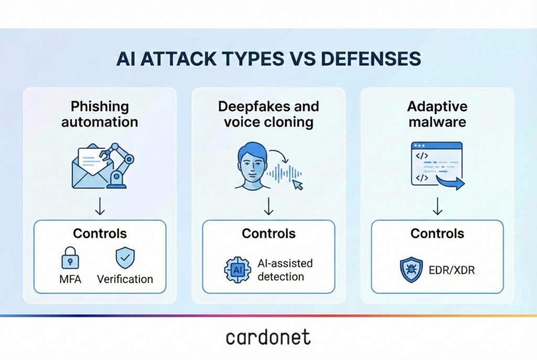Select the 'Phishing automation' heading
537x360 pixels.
(x=100, y=114)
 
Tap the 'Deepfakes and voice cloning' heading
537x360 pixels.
(x=268, y=114)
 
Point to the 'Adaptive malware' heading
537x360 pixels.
(x=437, y=114)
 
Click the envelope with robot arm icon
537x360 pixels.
(x=102, y=166)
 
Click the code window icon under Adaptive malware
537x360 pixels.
(x=436, y=165)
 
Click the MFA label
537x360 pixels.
(x=70, y=279)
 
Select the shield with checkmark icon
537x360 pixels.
(x=125, y=258)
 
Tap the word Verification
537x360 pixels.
(x=125, y=279)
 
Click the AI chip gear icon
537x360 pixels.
(x=237, y=270)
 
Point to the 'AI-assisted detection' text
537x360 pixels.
(x=285, y=269)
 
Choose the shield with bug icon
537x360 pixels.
(x=412, y=269)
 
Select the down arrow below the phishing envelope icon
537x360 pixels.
(x=100, y=206)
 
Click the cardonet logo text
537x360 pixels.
(x=268, y=338)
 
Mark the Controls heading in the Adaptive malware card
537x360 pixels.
(x=437, y=233)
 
